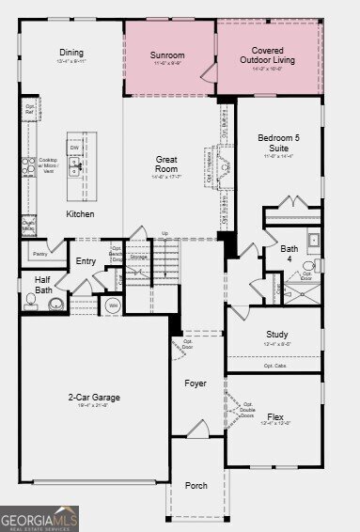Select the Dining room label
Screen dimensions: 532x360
(x=71, y=53)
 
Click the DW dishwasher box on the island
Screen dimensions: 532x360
(x=73, y=148)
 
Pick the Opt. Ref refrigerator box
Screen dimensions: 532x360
(x=30, y=108)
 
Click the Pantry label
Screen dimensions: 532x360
(x=39, y=254)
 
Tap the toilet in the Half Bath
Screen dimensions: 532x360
(x=33, y=300)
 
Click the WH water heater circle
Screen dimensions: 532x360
(x=114, y=305)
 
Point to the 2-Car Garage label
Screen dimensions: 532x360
(x=93, y=398)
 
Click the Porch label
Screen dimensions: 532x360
(x=196, y=485)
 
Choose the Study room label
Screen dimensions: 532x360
(x=275, y=334)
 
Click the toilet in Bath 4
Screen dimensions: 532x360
(x=308, y=267)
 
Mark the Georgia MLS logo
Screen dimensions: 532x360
(x=39, y=519)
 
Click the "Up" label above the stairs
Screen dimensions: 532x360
(x=165, y=233)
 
